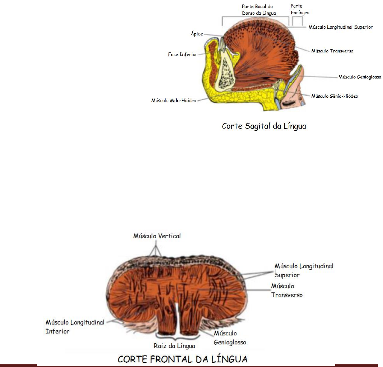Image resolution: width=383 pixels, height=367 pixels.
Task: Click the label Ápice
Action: (197, 34)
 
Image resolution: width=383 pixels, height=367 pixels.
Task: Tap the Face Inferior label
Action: (183, 55)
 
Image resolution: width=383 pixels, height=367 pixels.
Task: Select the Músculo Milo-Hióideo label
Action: (174, 101)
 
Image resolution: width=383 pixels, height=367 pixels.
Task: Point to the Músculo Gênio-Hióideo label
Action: (334, 96)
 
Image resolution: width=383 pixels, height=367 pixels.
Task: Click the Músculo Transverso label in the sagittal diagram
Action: (332, 51)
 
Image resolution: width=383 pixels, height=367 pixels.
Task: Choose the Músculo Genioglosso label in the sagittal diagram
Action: (360, 77)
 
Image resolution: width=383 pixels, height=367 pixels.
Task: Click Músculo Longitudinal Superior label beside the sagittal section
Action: (341, 27)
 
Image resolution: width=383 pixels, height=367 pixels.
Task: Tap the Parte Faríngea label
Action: (299, 9)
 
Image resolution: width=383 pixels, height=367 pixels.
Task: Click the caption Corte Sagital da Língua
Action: (264, 126)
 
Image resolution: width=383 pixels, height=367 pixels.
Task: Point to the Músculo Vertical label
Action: (157, 236)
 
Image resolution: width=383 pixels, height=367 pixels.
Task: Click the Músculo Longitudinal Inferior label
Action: (75, 327)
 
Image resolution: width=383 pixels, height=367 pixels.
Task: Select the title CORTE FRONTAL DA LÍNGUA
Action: (183, 359)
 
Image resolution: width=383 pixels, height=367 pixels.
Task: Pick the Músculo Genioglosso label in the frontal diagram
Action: (230, 338)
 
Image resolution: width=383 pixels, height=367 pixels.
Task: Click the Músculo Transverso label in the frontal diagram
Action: (286, 291)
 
